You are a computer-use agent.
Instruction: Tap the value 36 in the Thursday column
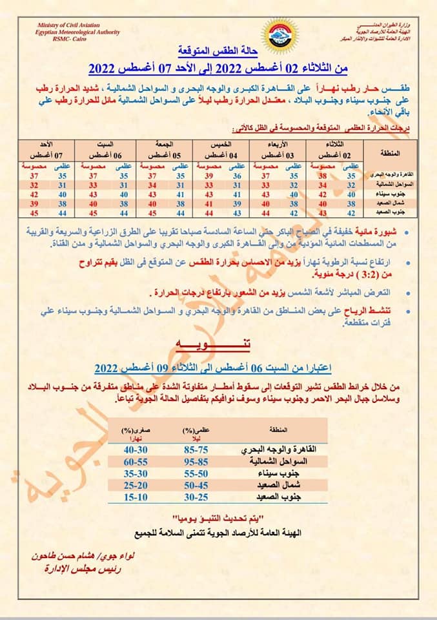(x=237, y=175)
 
